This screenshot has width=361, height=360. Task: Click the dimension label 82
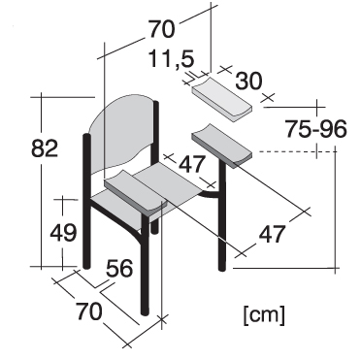45,148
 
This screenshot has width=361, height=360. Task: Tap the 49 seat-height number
63,232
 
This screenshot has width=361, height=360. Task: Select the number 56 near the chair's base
119,268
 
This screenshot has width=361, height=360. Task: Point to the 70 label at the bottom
89,311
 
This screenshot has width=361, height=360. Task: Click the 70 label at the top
161,29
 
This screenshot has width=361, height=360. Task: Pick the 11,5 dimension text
172,58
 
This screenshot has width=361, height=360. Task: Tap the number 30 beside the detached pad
248,81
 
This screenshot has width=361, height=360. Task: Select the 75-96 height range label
315,129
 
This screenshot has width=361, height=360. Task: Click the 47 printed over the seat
192,164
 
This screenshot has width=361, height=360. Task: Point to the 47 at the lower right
272,234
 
